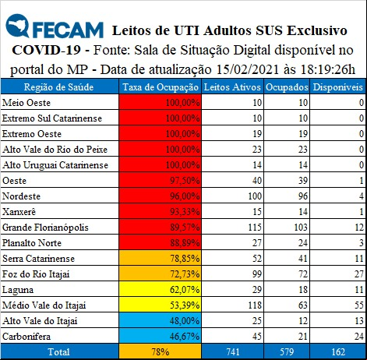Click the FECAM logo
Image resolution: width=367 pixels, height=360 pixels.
coord(55,26)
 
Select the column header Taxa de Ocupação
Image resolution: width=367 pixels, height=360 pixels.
coord(161,87)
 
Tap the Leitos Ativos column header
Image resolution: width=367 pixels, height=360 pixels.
coord(232,87)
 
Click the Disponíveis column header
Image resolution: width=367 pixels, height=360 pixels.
coord(337,87)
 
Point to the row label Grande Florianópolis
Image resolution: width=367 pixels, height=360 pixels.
coord(45,228)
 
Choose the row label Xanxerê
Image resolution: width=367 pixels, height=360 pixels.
coord(19,212)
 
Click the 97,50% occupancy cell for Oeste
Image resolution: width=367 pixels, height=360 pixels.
coord(161,180)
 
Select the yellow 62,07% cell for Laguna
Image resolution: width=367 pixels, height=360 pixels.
coord(161,289)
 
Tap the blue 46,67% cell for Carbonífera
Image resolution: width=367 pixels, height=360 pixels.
coord(161,336)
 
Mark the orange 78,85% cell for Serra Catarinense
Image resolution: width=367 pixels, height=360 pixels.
coord(161,258)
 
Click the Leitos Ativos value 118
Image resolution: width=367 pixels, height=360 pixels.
coord(255,305)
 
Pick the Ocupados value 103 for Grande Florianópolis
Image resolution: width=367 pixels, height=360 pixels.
coord(301,228)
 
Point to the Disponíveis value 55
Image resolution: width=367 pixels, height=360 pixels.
coord(359,305)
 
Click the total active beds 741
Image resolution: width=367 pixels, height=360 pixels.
coord(233,352)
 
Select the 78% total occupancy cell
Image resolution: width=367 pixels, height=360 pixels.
coord(161,352)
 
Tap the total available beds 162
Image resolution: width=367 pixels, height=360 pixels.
coord(338,352)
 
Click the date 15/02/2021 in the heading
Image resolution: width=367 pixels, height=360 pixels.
coord(247,69)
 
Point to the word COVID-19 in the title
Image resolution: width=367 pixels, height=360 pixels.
coord(46,50)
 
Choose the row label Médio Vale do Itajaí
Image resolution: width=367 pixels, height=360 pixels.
coord(44,305)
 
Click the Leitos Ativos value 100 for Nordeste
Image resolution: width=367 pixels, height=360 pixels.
coord(255,196)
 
